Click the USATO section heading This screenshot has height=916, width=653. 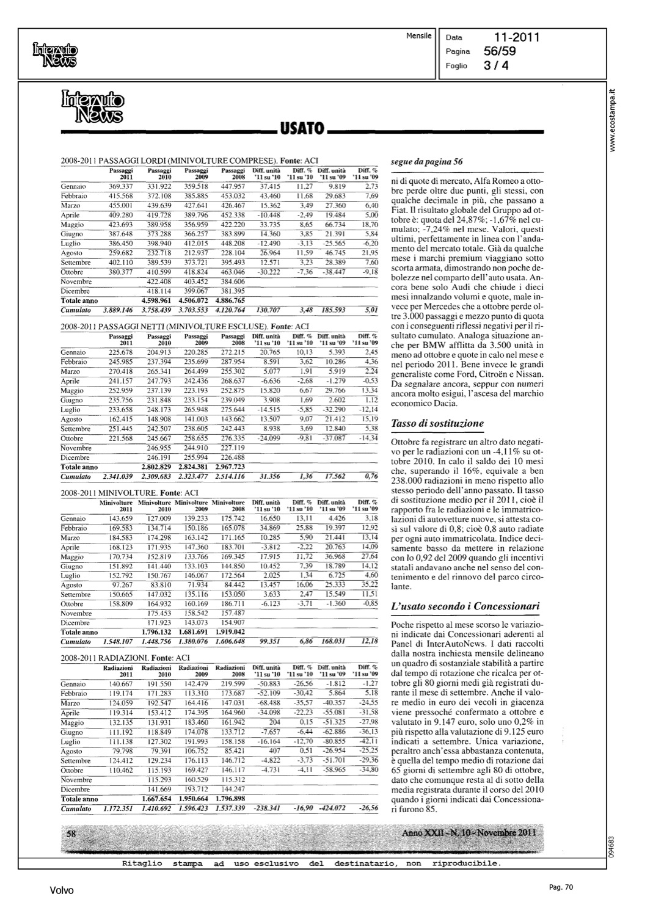click(x=301, y=129)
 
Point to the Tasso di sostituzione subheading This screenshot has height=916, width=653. click(x=437, y=423)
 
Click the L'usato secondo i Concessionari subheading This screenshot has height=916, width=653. click(x=465, y=606)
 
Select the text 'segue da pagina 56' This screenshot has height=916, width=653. click(x=427, y=162)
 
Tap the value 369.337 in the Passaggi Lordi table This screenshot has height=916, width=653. click(x=121, y=186)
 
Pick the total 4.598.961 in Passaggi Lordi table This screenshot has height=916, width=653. click(x=158, y=301)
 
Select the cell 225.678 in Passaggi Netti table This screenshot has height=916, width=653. click(x=121, y=352)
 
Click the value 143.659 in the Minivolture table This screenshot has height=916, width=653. click(x=121, y=518)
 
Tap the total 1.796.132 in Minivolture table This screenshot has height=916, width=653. click(x=158, y=633)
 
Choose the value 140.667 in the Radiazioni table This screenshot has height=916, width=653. click(x=121, y=685)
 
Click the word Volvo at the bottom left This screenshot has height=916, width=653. click(x=62, y=890)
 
